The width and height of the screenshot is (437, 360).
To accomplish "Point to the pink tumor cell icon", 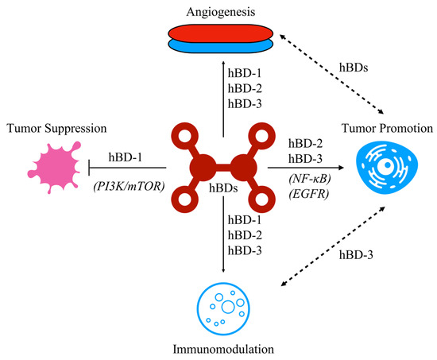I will (x=55, y=168).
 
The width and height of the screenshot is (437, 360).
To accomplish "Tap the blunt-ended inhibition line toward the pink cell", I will (x=127, y=168).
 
